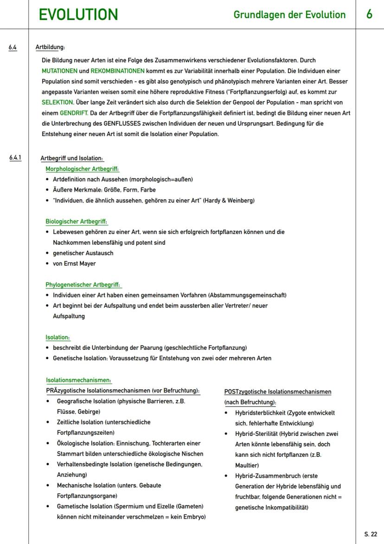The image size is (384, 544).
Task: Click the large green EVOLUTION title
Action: click(78, 14)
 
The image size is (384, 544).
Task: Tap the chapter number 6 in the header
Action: click(369, 14)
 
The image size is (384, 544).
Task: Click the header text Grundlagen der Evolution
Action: click(289, 15)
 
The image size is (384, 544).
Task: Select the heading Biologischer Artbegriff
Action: click(76, 222)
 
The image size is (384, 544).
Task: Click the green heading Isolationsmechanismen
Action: click(78, 380)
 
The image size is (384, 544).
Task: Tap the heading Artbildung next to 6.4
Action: click(50, 47)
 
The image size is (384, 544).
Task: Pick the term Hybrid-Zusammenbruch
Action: click(267, 476)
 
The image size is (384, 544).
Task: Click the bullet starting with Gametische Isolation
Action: click(130, 506)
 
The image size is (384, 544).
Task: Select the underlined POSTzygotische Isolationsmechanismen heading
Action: click(278, 392)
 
